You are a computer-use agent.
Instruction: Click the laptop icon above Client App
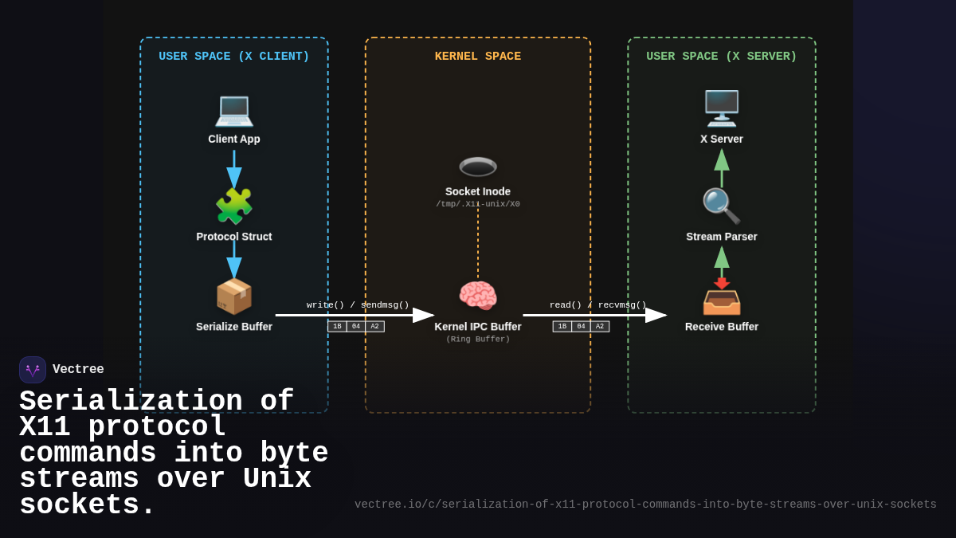pos(234,109)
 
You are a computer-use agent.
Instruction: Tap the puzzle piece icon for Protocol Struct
pos(234,206)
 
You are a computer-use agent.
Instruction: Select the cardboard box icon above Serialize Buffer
pos(234,296)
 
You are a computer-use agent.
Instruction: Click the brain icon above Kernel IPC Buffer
pos(478,296)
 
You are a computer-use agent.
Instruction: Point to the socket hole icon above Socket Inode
pos(478,167)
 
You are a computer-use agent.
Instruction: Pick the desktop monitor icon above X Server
pos(722,108)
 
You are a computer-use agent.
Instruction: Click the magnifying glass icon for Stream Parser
pos(721,206)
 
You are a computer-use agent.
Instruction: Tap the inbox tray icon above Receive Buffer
pos(722,298)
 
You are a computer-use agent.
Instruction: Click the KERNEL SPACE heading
pos(478,57)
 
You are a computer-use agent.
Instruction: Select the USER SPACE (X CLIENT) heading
pos(234,57)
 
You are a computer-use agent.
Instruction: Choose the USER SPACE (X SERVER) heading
pos(722,57)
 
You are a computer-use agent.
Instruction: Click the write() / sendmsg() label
pos(358,305)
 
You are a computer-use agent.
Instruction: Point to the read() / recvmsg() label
pos(598,305)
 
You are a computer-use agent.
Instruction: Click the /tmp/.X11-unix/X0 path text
pos(478,204)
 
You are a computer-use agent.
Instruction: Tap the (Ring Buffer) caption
pos(478,340)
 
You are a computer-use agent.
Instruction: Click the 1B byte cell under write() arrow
pos(337,327)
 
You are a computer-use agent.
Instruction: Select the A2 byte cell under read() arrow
pos(600,327)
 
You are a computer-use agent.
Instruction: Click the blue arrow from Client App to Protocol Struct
pos(234,169)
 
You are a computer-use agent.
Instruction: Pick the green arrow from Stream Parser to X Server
pos(722,167)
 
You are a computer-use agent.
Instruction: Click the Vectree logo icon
pos(33,370)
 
